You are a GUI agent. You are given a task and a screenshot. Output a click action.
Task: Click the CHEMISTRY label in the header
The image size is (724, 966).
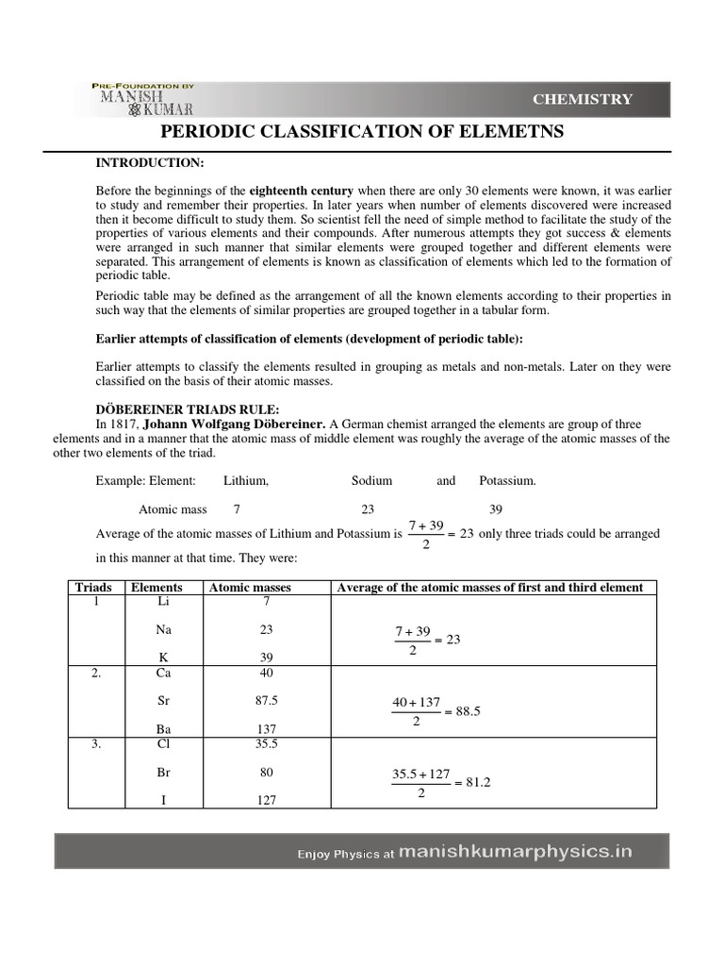(583, 99)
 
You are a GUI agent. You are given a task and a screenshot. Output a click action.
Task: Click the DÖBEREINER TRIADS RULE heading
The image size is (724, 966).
(187, 408)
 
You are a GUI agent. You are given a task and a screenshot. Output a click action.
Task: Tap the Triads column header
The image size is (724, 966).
(92, 587)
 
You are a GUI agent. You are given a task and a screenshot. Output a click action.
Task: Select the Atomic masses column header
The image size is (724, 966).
(250, 587)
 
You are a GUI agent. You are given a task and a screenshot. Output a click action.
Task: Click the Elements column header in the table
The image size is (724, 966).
(156, 587)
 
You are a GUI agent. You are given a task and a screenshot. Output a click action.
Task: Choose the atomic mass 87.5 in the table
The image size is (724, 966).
(266, 701)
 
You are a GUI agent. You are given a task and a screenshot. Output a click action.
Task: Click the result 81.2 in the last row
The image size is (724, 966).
(468, 782)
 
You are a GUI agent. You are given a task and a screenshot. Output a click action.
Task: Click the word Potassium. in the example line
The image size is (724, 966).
(507, 481)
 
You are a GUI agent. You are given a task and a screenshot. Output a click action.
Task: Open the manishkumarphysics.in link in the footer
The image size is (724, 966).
(515, 852)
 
